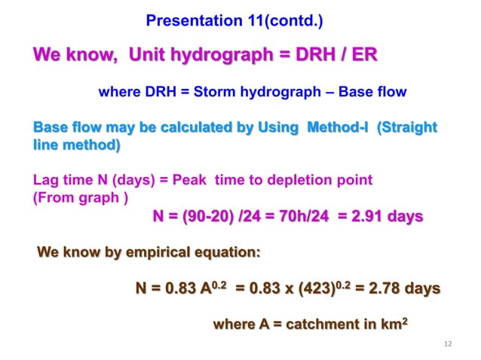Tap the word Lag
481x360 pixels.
tap(46, 181)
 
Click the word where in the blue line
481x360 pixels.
tap(118, 93)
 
